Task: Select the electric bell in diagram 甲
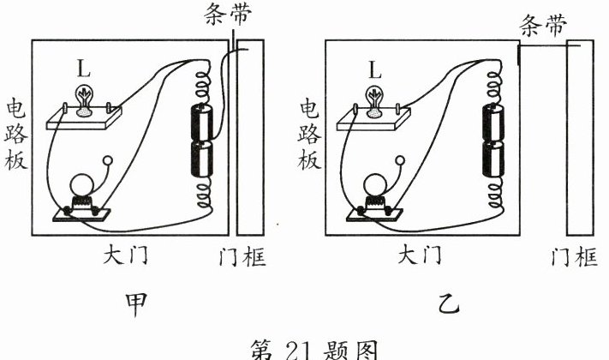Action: [82, 194]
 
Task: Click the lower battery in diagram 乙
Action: [494, 160]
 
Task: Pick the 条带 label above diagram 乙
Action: [544, 27]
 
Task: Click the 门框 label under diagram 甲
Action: [242, 256]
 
